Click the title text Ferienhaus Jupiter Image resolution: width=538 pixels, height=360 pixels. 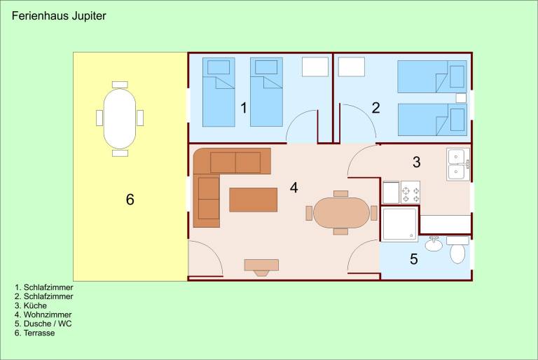pos(59,16)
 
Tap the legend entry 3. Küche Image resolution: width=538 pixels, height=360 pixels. pos(31,305)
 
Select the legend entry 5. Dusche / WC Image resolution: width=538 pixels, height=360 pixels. pos(43,324)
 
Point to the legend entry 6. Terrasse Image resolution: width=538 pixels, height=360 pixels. pos(34,333)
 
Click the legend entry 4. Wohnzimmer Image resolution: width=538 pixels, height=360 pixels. pos(43,314)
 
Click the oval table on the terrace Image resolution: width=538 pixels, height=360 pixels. pos(120,119)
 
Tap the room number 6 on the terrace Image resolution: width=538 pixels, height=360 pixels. pos(130,200)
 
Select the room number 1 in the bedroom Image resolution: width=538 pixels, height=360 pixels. pos(244,108)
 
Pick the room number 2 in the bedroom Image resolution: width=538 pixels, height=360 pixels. pos(376,108)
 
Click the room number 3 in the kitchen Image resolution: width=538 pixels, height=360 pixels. pos(417,162)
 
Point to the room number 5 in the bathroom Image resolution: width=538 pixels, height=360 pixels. pos(414,259)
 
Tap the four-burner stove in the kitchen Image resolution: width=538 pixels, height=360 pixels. pos(411,192)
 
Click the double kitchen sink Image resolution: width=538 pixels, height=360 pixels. pos(458,165)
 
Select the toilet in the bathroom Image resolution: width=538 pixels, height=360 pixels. pos(457,250)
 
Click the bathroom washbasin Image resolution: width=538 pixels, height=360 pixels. pos(434,244)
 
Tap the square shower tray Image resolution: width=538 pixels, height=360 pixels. pos(400,223)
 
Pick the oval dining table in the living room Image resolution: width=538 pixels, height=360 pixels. pos(341,212)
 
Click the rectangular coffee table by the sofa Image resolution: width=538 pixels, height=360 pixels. pos(253,200)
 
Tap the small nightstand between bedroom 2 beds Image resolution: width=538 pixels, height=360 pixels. pos(461,98)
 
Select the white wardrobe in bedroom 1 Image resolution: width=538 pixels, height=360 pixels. pos(315,67)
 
